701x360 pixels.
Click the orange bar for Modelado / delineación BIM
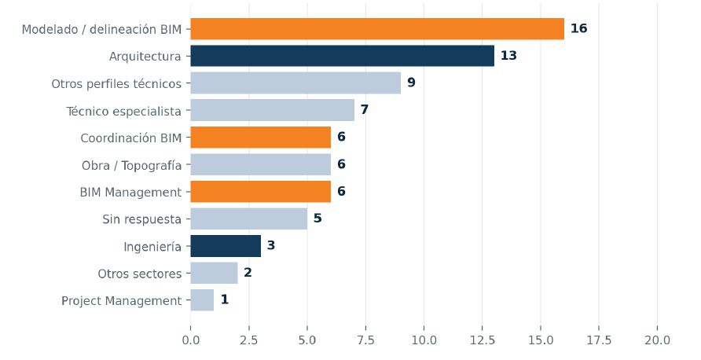click(377, 29)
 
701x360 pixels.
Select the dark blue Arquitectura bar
click(343, 56)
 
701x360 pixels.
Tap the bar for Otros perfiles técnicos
click(295, 83)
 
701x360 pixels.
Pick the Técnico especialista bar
click(272, 110)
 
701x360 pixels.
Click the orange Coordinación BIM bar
click(261, 138)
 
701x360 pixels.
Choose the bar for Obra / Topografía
click(261, 164)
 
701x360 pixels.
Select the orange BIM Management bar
click(261, 192)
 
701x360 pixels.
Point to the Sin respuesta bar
click(249, 219)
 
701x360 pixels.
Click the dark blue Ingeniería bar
click(226, 246)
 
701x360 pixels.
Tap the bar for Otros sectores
click(214, 273)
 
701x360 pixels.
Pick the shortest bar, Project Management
click(202, 300)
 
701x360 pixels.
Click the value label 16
click(578, 28)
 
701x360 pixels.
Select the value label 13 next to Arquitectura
click(508, 56)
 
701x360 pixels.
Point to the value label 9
click(411, 83)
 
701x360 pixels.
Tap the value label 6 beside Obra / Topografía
click(341, 164)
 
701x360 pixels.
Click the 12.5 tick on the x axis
click(483, 340)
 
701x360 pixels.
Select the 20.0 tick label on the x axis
click(657, 340)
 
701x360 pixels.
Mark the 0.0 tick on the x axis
click(191, 340)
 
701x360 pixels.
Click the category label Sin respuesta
click(141, 219)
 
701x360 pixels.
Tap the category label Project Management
click(122, 301)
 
